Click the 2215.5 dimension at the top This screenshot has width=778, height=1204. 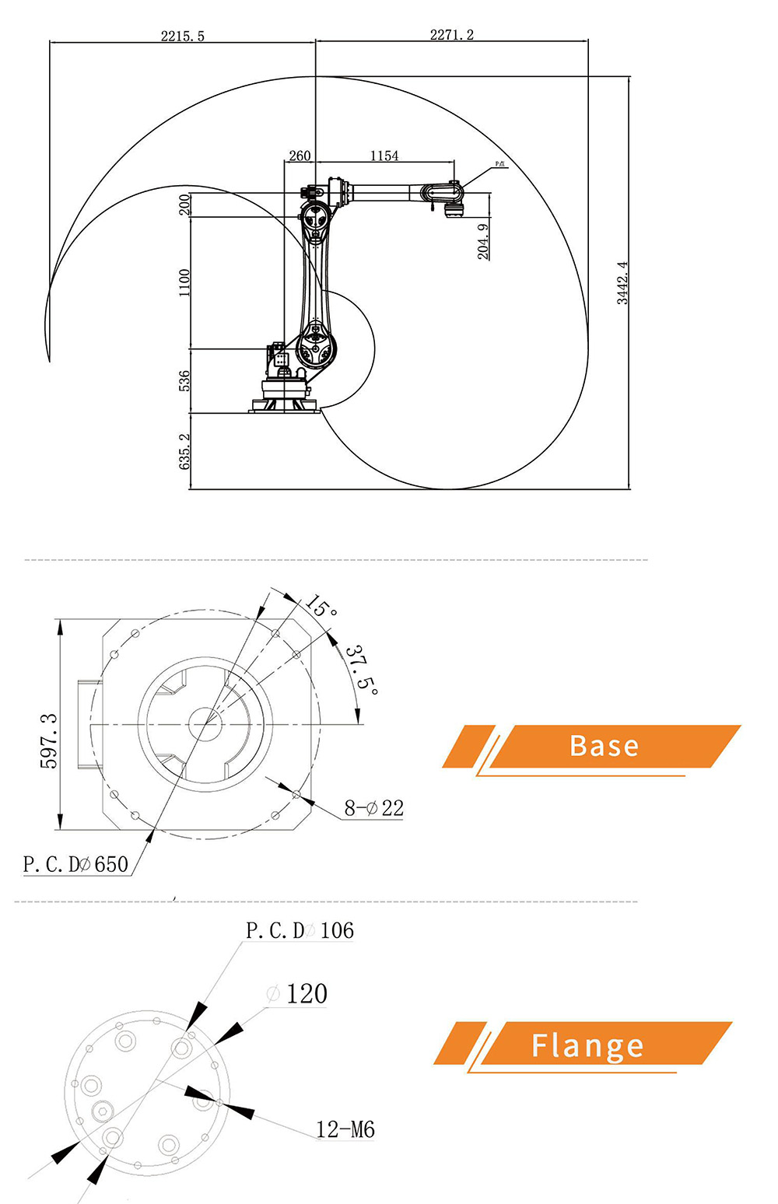(x=183, y=36)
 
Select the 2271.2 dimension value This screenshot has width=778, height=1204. (x=452, y=35)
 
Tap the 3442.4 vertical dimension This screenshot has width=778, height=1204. (x=622, y=283)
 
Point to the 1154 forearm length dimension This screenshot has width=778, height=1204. (x=384, y=156)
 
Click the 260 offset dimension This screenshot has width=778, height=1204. (x=300, y=156)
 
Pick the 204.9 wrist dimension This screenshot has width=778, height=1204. (x=483, y=241)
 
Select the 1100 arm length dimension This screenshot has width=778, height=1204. (x=184, y=282)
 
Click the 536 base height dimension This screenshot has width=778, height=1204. (x=184, y=380)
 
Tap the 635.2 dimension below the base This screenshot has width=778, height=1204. (x=184, y=451)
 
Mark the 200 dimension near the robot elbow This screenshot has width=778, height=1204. (x=184, y=205)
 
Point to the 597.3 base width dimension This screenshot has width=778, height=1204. (x=48, y=740)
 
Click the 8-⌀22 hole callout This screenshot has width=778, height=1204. (x=374, y=808)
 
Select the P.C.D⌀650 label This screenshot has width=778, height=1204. (x=75, y=864)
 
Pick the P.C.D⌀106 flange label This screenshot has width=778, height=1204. (x=300, y=930)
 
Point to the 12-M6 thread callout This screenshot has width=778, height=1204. (x=345, y=1129)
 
